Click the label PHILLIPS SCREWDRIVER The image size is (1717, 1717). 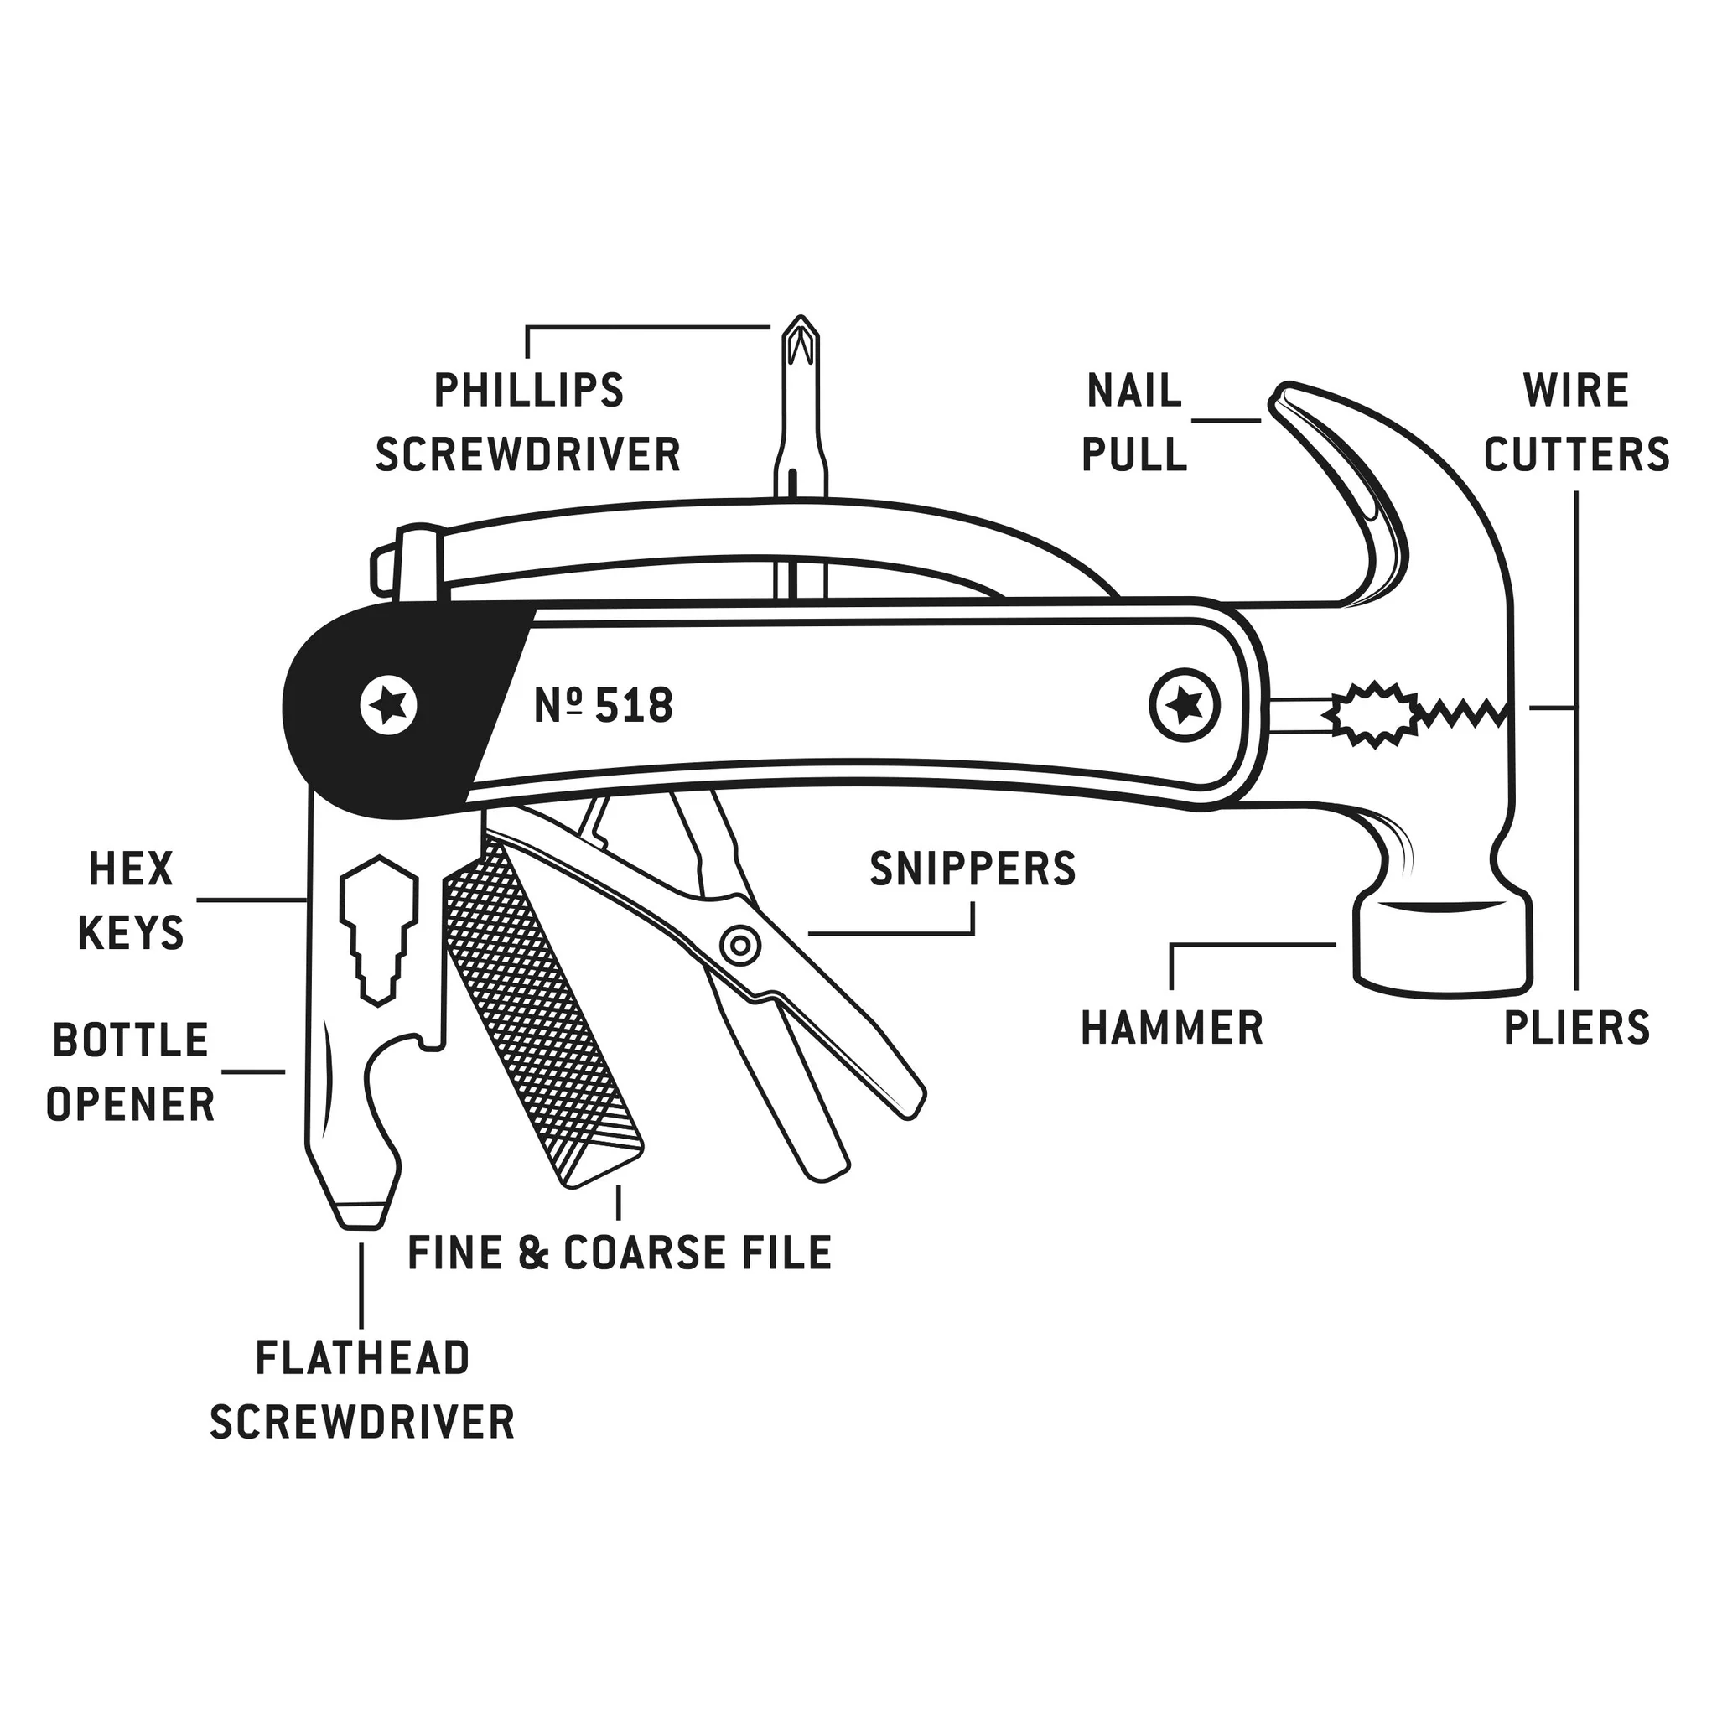pos(528,423)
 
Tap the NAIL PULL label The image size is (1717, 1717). pos(1134,423)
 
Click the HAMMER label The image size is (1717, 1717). pos(1171,1027)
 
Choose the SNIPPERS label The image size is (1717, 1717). pos(973,869)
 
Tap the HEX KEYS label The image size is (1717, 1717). pos(131,900)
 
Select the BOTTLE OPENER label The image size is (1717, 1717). pos(131,1071)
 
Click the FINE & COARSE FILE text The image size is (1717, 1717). pos(620,1253)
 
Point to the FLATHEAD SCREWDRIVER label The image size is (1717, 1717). pos(361,1390)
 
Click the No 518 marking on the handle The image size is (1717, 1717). pos(604,707)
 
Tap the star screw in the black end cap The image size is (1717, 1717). pos(389,708)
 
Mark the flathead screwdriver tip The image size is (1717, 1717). pos(361,1213)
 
